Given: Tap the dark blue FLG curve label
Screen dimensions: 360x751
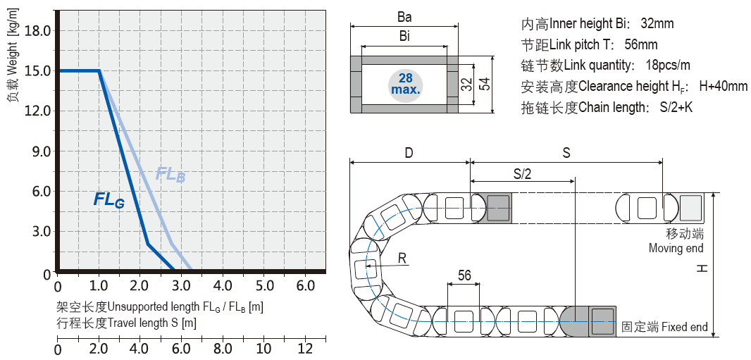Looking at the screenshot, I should (109, 200).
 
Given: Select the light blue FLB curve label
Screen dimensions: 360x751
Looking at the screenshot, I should (170, 174).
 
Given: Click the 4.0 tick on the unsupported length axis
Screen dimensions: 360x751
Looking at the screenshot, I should (223, 286).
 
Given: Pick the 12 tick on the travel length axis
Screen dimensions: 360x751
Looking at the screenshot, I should (306, 349).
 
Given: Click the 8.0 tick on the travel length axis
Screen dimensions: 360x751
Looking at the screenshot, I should (223, 349).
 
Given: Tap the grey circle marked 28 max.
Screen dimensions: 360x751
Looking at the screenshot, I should (405, 85).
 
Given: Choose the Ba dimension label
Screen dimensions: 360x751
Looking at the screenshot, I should (404, 15).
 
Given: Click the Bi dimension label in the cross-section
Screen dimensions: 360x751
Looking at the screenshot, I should (404, 36).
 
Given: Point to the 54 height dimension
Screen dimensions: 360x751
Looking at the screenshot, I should (484, 85).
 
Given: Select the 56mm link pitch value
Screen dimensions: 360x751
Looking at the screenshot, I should (640, 45).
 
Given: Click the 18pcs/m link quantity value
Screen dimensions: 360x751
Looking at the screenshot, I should (667, 66).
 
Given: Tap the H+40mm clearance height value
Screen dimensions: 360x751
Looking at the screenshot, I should (723, 87).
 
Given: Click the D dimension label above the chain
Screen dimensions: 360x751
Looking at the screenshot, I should (409, 152).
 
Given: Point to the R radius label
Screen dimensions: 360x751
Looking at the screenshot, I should (402, 259).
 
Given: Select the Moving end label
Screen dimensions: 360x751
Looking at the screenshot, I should (676, 248).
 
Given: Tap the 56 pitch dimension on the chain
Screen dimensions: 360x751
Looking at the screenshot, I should (464, 275).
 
